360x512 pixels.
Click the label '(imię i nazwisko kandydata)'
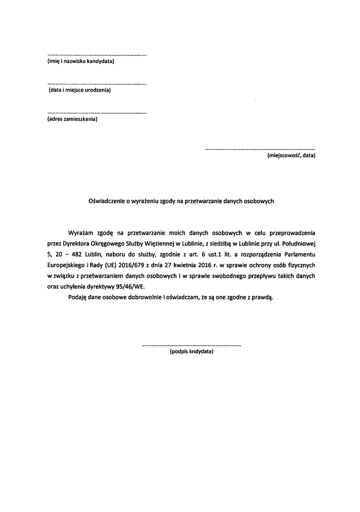tap(81, 62)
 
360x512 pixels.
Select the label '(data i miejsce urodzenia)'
tap(80, 90)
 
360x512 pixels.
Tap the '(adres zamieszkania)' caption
tap(72, 119)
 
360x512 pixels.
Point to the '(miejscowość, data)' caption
tap(291, 155)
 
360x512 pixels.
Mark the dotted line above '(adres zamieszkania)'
tap(97, 113)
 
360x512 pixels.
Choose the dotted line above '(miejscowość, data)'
tap(260, 149)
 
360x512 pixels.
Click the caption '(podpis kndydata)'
tap(191, 352)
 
